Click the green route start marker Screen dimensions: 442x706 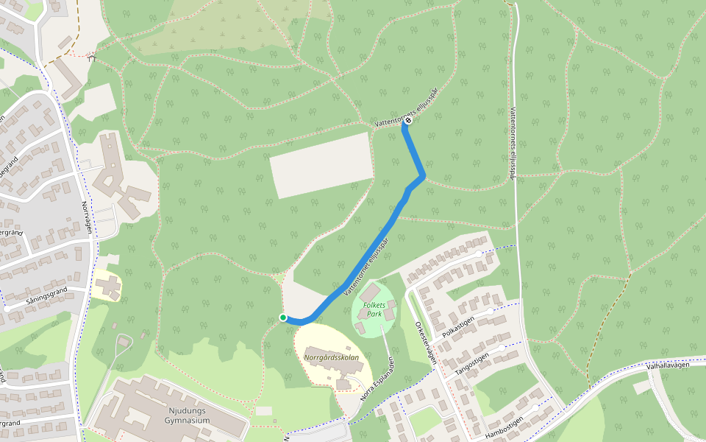(282, 318)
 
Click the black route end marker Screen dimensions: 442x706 (407, 120)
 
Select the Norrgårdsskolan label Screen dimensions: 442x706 (332, 357)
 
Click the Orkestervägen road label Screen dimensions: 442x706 (426, 343)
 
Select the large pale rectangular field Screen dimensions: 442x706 (321, 165)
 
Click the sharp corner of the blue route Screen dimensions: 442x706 (422, 175)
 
